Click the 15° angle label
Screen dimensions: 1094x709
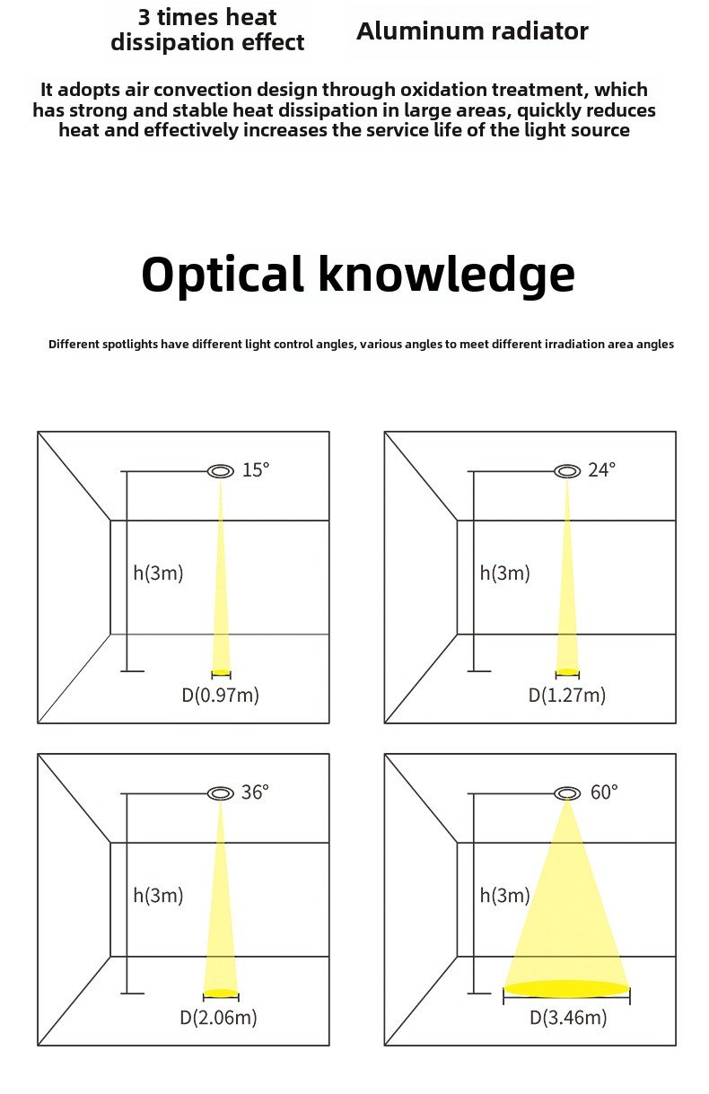[x=256, y=469]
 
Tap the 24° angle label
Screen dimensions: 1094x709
[x=602, y=469]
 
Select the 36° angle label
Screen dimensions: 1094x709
[x=255, y=792]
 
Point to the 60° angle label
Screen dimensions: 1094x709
[x=604, y=792]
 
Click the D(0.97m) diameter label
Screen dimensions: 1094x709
[x=221, y=695]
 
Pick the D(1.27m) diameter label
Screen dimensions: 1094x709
[x=567, y=695]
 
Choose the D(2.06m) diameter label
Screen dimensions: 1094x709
[x=219, y=1018]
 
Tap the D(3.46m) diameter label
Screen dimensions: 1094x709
[x=567, y=1018]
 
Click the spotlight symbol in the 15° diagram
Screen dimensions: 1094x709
[x=221, y=471]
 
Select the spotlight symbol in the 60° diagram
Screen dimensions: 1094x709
[x=567, y=793]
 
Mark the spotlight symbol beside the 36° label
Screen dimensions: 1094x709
[x=221, y=793]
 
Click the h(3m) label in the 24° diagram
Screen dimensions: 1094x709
[x=505, y=573]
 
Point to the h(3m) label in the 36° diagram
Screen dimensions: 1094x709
[x=158, y=895]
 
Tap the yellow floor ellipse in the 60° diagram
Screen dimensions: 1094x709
[x=567, y=989]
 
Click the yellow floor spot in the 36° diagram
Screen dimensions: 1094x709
[x=221, y=993]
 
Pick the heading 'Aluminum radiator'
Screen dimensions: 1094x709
[x=472, y=31]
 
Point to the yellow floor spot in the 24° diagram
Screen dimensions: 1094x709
[x=567, y=672]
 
